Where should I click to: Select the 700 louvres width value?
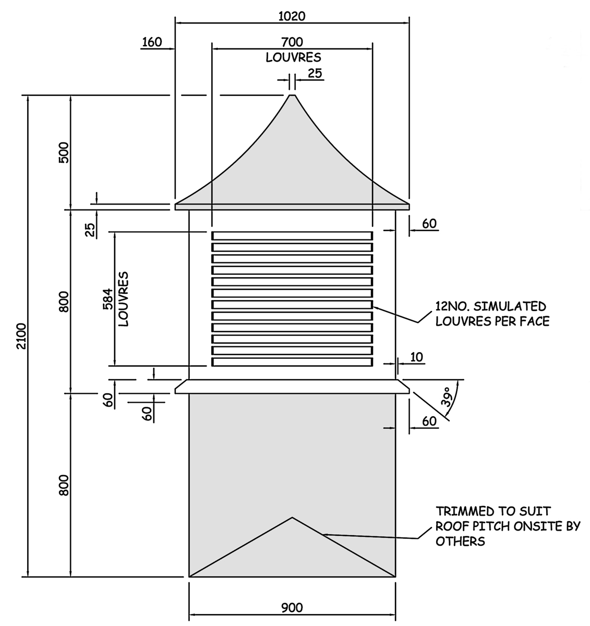click(x=292, y=42)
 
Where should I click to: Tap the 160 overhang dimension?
click(x=152, y=42)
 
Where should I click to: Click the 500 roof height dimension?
click(x=64, y=153)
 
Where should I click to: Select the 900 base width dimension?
click(x=292, y=608)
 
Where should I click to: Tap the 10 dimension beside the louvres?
click(x=417, y=357)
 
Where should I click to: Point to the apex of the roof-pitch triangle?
click(x=292, y=517)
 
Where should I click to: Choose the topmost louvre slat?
click(x=292, y=236)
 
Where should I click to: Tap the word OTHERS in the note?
click(x=460, y=541)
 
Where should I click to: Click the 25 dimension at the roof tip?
click(x=315, y=74)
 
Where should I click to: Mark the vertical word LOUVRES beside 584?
click(x=124, y=299)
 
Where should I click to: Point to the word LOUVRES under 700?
click(x=293, y=57)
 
